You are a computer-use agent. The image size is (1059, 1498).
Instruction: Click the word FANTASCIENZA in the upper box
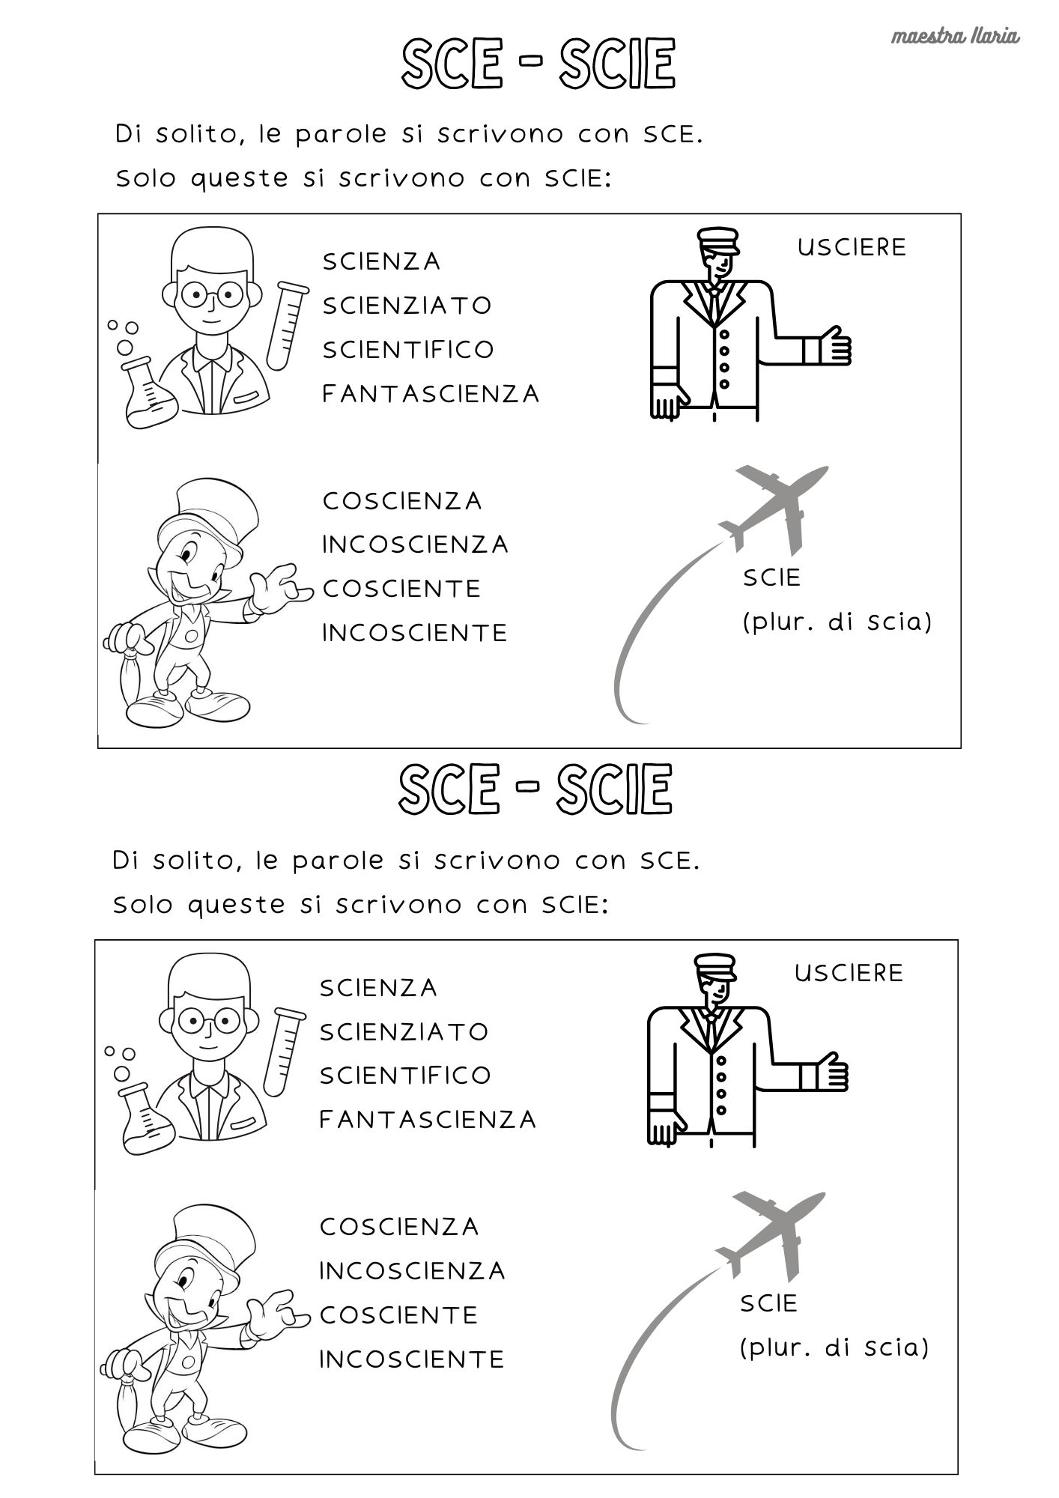(431, 394)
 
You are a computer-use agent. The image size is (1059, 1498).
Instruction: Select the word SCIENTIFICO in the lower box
(405, 1076)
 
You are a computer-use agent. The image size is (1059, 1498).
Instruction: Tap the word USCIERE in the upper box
(852, 247)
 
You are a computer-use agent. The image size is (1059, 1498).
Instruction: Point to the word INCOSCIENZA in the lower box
(413, 1271)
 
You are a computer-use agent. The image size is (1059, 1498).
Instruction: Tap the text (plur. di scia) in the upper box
(837, 622)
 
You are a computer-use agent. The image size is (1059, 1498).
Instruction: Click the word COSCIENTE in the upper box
(401, 589)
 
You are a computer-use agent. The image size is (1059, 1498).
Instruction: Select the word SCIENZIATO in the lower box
(404, 1032)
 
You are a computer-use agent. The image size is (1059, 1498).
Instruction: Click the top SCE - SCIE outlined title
(538, 64)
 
